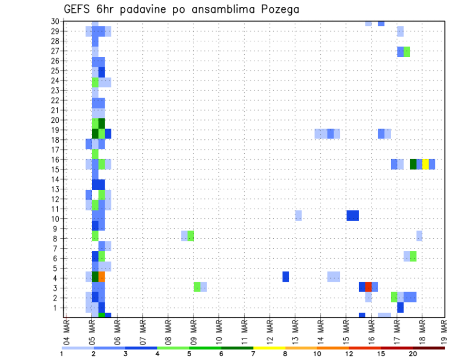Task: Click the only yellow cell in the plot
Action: pyautogui.click(x=426, y=164)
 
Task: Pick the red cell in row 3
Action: pyautogui.click(x=368, y=287)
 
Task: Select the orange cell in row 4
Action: pyautogui.click(x=102, y=277)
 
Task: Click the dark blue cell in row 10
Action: pyautogui.click(x=352, y=215)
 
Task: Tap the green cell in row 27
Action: pyautogui.click(x=407, y=51)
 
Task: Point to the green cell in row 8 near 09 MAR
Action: pyautogui.click(x=191, y=236)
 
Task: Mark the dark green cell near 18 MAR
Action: pyautogui.click(x=413, y=164)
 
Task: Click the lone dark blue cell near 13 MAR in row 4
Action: pyautogui.click(x=285, y=277)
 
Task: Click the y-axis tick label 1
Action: pyautogui.click(x=57, y=308)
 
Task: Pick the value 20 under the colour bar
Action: pyautogui.click(x=413, y=354)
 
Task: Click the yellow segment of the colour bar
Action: pyautogui.click(x=269, y=348)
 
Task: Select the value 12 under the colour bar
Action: pyautogui.click(x=349, y=354)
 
